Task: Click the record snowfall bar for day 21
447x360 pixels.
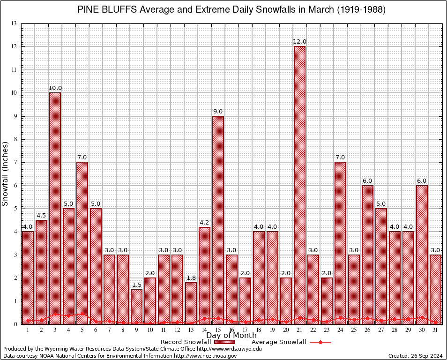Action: pos(299,185)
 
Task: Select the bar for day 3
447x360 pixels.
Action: pos(55,208)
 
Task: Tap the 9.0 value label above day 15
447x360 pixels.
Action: pos(218,112)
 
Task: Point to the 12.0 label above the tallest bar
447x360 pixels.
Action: pos(299,42)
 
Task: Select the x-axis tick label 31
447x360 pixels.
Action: pos(435,330)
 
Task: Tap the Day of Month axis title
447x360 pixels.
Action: pos(231,336)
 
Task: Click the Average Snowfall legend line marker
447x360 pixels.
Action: pos(320,342)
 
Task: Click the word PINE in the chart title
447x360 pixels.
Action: pos(88,10)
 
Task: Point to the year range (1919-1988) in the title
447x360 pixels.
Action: pos(361,10)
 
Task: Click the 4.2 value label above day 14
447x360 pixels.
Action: pos(204,223)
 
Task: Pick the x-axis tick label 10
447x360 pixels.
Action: pos(150,330)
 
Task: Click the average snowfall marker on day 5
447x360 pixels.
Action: pos(82,314)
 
